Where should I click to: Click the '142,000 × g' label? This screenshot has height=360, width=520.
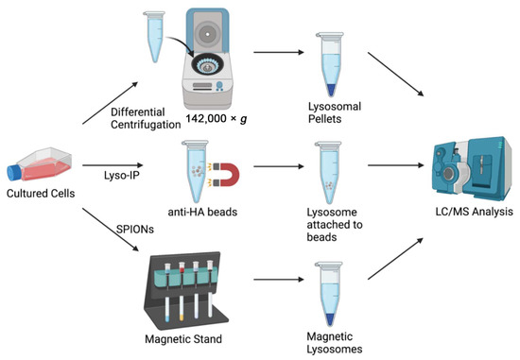click(x=217, y=119)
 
